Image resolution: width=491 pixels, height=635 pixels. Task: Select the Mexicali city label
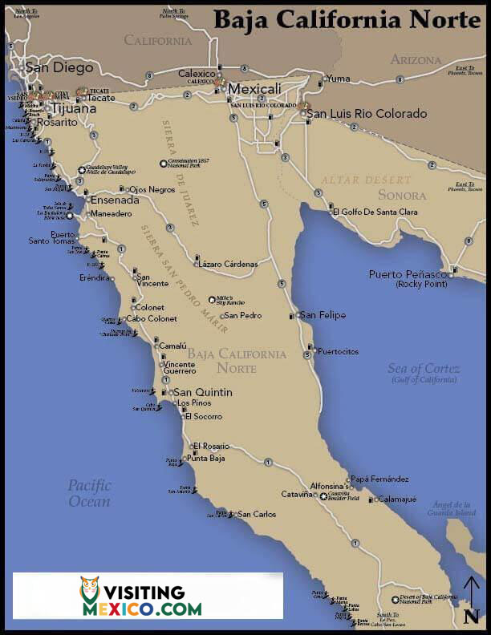point(254,88)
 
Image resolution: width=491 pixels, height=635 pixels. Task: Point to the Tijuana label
point(74,108)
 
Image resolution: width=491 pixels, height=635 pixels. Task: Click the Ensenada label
point(115,200)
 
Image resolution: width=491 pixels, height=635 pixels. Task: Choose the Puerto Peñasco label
point(408,274)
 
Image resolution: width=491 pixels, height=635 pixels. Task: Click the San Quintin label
point(203,392)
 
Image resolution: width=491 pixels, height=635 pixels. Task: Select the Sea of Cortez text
point(424,369)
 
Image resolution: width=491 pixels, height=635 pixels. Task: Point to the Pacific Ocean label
point(88,493)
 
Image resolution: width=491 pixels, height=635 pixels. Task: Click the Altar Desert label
point(366,180)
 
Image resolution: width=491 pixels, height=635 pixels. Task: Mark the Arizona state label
point(416,60)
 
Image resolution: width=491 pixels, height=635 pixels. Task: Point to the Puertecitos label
point(338,351)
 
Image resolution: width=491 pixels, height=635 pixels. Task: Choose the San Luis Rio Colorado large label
point(367,114)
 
